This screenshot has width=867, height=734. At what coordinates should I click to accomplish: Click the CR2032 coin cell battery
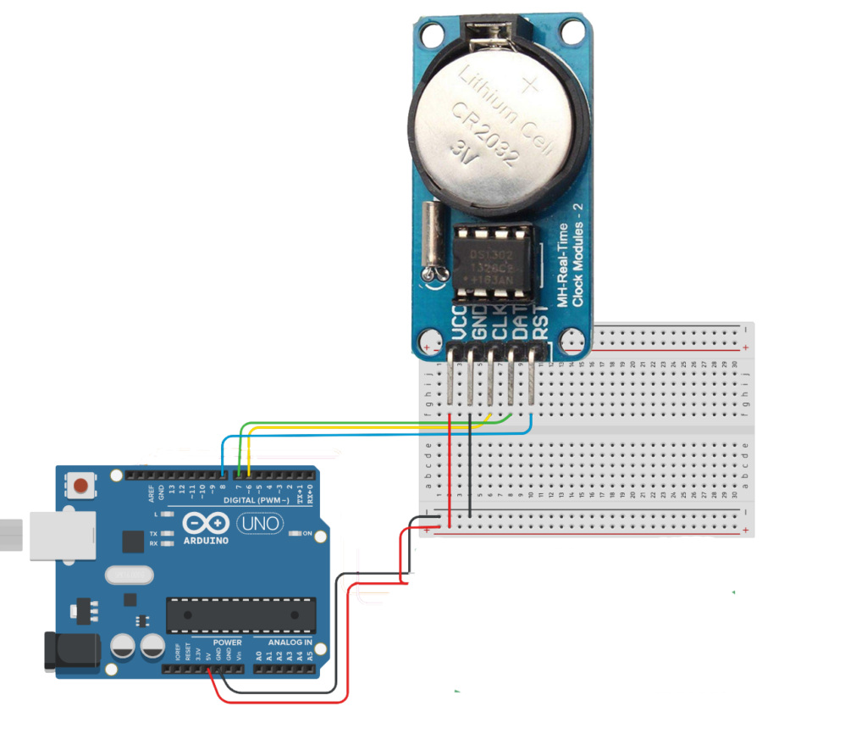495,127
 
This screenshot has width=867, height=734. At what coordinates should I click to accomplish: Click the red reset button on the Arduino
81,487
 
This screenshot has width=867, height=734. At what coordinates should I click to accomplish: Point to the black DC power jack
72,651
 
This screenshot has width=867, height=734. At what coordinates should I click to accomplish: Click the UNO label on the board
259,525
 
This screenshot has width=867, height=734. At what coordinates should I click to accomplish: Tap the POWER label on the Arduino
227,643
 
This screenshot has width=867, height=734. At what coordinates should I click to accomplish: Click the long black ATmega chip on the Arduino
240,614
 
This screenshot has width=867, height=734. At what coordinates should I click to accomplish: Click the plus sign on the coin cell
531,85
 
